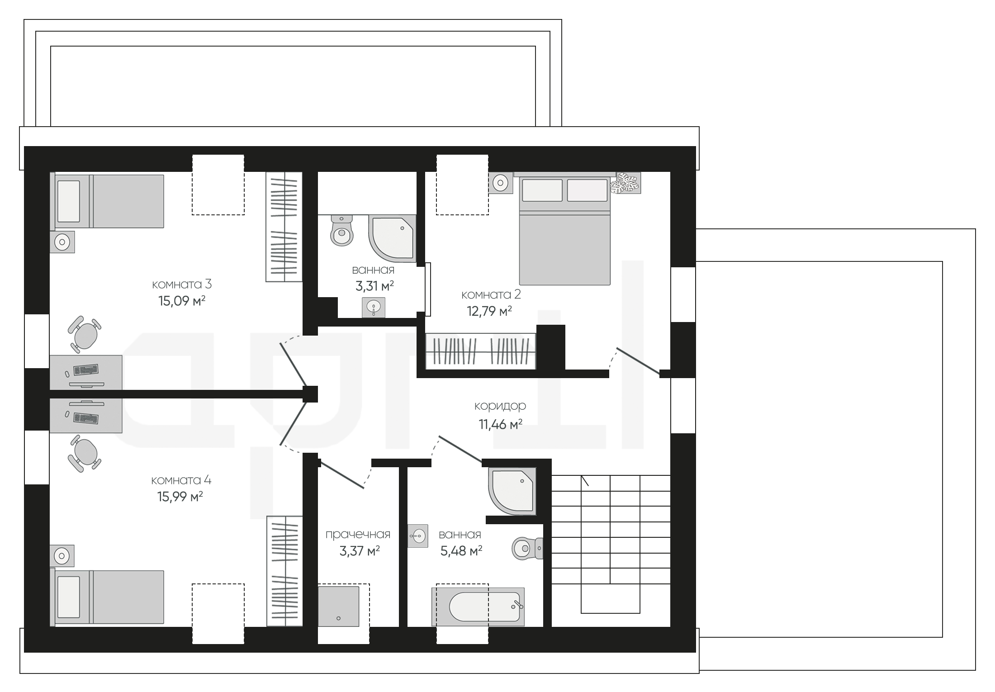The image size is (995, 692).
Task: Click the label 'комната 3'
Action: pos(182,284)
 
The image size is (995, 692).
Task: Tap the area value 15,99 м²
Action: pos(180,497)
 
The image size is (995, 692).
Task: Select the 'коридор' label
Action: pos(500,406)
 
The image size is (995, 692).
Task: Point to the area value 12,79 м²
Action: pos(489,311)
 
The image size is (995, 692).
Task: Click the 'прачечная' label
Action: pos(358,535)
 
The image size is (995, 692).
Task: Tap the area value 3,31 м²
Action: pos(374,286)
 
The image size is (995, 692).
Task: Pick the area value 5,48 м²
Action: pos(461,551)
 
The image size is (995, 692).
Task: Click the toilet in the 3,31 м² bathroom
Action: pos(342,230)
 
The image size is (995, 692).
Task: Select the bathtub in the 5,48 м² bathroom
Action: pos(478,607)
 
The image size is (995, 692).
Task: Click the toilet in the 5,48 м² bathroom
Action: pos(527,549)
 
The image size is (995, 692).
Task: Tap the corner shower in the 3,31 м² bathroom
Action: pos(392,238)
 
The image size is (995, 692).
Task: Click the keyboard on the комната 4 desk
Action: pos(86,418)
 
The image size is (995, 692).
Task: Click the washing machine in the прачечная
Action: pos(338,606)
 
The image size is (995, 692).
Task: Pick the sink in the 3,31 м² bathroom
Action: pos(374,308)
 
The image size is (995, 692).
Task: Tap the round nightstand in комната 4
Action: pos(62,555)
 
